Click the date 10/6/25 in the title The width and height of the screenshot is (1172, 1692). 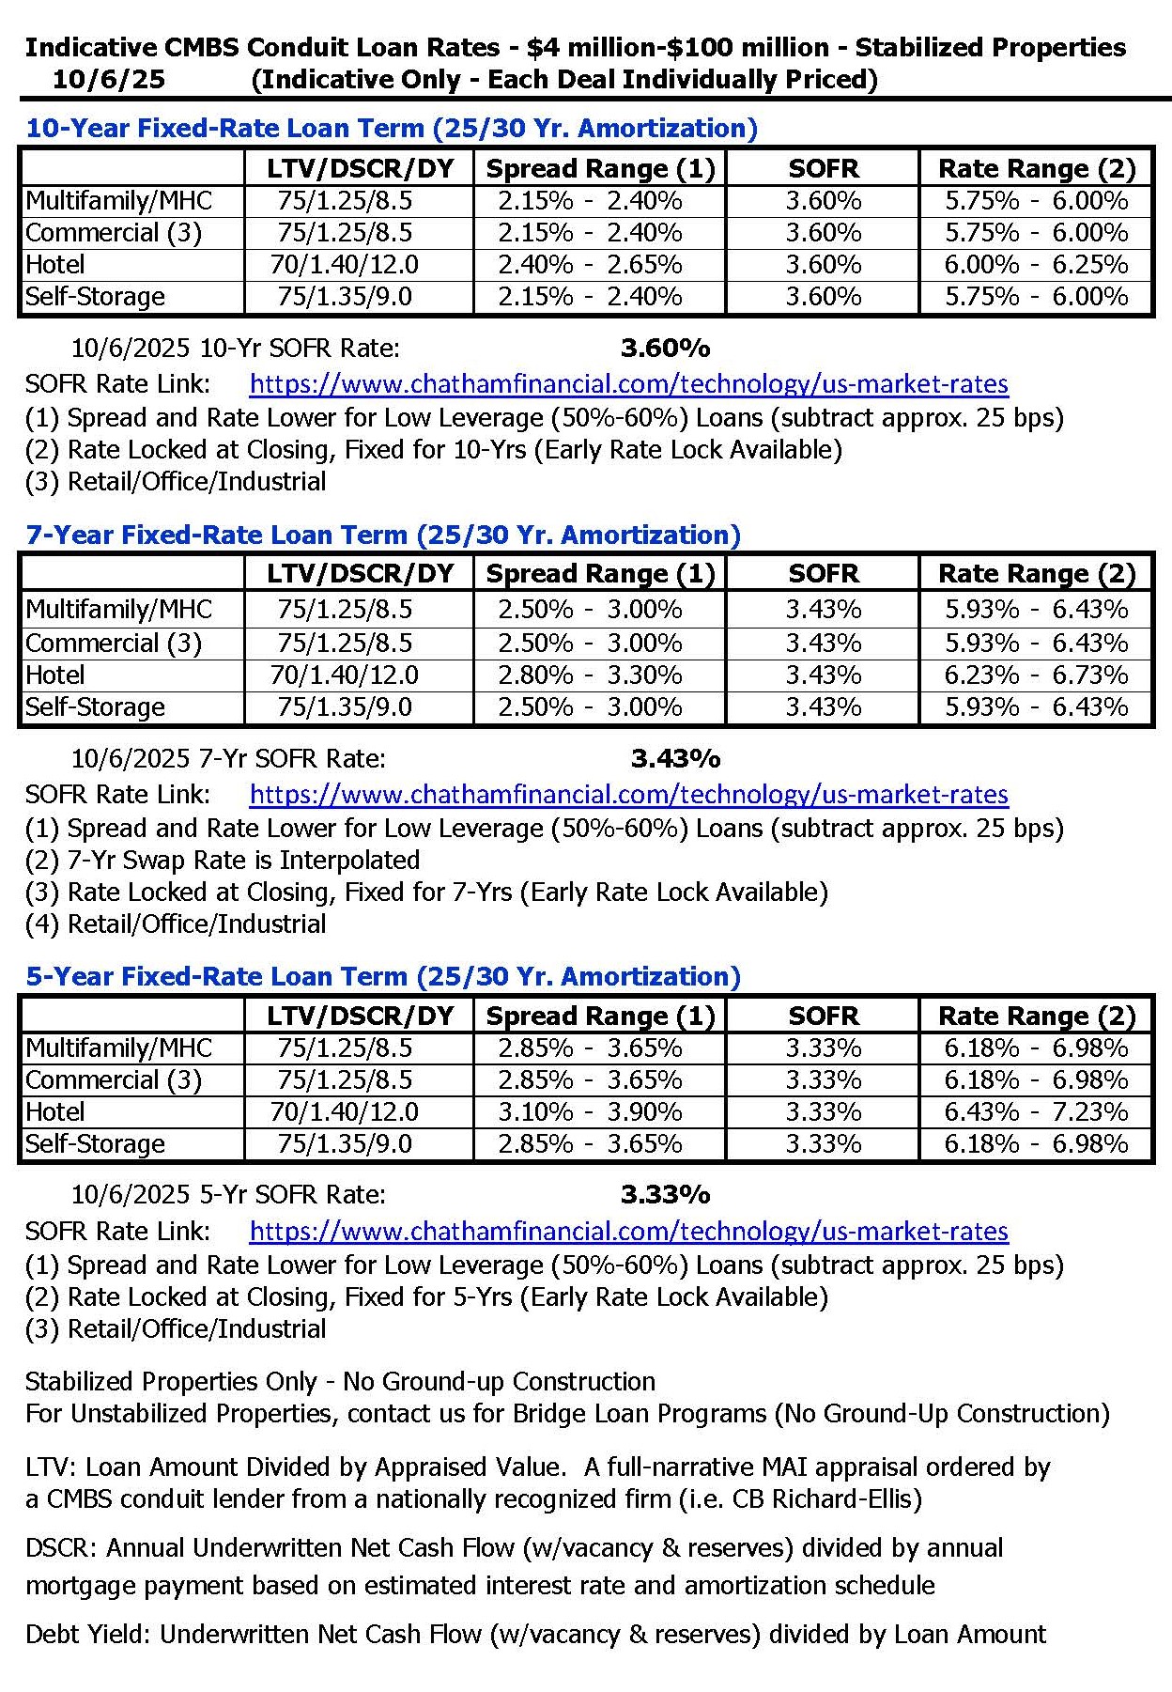(108, 79)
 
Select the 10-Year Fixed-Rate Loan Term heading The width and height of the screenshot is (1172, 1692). (391, 128)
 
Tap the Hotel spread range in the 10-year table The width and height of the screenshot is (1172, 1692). (590, 265)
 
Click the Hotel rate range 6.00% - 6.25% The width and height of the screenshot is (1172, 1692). (1036, 265)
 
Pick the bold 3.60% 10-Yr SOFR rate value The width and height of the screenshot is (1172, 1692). (665, 349)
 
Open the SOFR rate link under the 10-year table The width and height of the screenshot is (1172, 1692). (628, 384)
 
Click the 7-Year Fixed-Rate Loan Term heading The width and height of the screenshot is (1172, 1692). (383, 535)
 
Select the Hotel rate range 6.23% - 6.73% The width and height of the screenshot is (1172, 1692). (1036, 675)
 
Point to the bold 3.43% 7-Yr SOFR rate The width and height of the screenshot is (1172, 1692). (675, 758)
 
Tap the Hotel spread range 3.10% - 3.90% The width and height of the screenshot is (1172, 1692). (590, 1112)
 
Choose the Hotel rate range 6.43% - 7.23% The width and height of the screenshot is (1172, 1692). (1036, 1112)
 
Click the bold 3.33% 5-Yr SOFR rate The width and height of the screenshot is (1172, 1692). (665, 1195)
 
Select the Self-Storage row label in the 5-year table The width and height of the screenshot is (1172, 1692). (95, 1144)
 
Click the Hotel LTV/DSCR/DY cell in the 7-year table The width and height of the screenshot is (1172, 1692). (345, 675)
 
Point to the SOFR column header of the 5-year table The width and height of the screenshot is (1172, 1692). (824, 1016)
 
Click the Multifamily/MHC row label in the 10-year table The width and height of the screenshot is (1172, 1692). (119, 201)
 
